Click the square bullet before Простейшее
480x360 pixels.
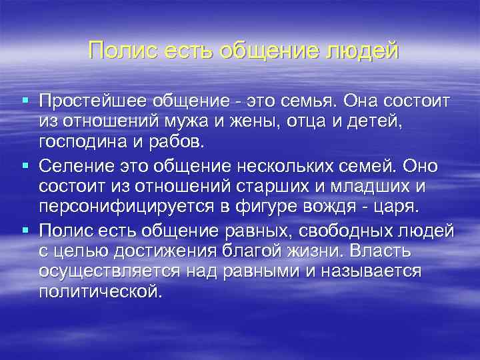(x=25, y=101)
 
